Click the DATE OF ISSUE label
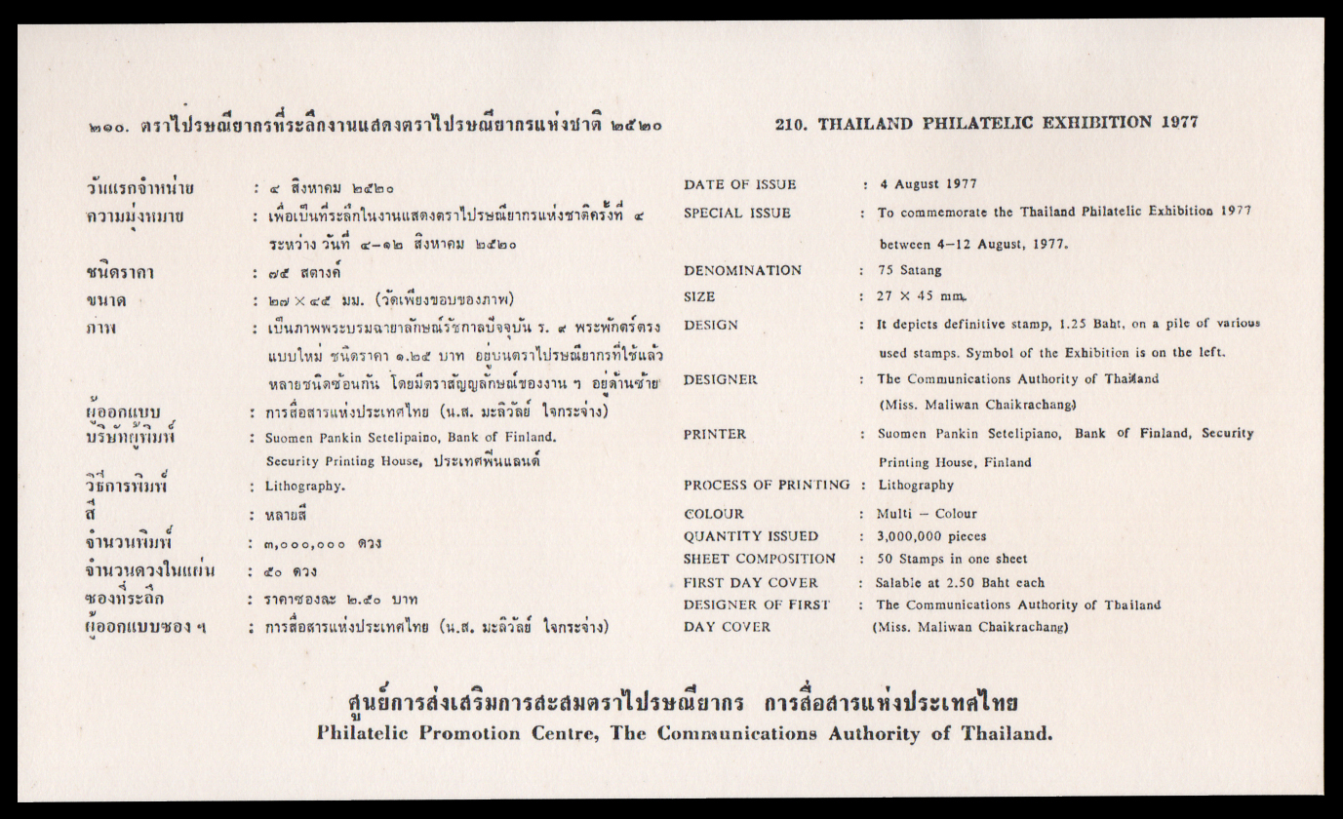tap(739, 184)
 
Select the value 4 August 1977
tap(928, 183)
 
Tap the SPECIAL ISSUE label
tap(736, 213)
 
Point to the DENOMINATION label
tap(742, 270)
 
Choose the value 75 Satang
tap(909, 270)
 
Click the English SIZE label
tap(699, 296)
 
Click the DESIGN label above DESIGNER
tap(711, 325)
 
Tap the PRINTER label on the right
tap(715, 434)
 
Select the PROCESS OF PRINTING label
tap(767, 485)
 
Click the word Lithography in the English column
tap(916, 485)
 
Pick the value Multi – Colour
tap(927, 513)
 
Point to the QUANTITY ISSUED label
tap(751, 536)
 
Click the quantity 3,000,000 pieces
tap(931, 536)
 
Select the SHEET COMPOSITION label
tap(759, 559)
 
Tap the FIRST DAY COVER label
tap(750, 582)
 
